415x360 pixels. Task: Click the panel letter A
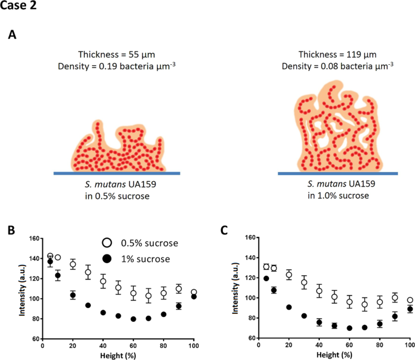pos(13,35)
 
